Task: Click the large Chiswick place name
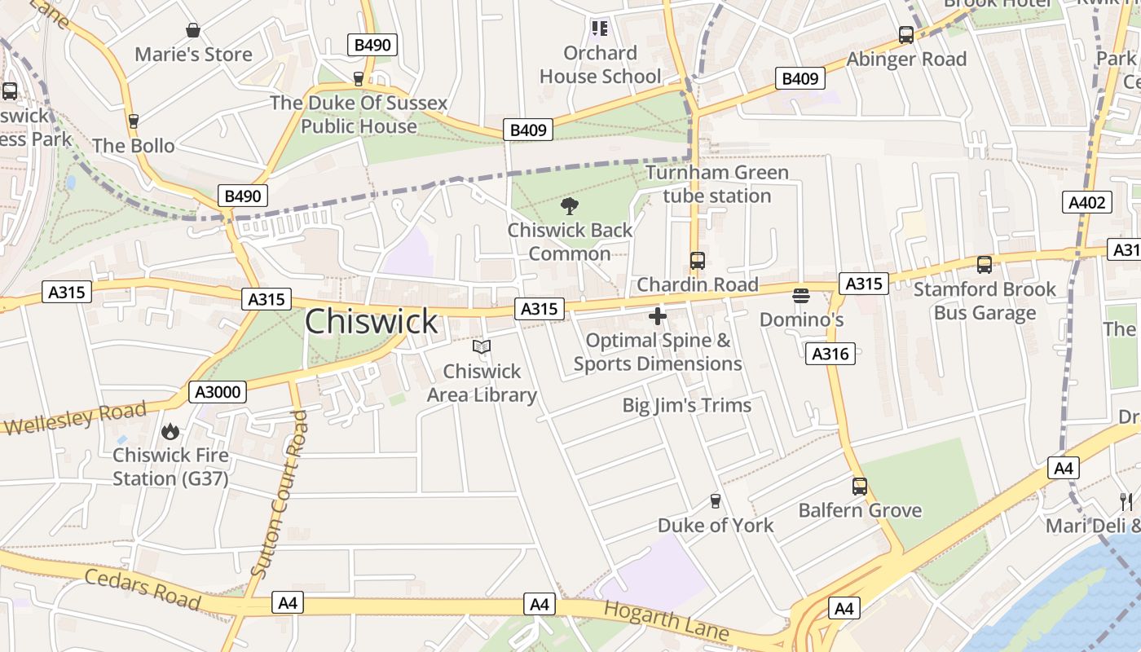(x=372, y=322)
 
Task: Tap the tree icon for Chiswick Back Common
(x=570, y=205)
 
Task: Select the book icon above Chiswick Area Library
(x=482, y=347)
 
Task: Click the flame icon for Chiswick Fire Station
(x=170, y=431)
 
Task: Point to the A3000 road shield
(x=218, y=392)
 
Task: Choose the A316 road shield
(x=830, y=353)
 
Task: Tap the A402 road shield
(x=1087, y=202)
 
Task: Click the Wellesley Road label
(x=74, y=418)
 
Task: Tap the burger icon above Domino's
(x=801, y=295)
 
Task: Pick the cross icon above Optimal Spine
(x=658, y=316)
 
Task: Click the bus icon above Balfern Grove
(x=860, y=487)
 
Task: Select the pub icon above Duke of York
(x=716, y=500)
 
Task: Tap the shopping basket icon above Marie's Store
(x=193, y=31)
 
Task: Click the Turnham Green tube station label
(x=717, y=184)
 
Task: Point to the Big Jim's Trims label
(x=686, y=405)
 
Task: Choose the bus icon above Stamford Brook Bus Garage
(x=985, y=265)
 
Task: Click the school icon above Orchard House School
(x=600, y=29)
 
